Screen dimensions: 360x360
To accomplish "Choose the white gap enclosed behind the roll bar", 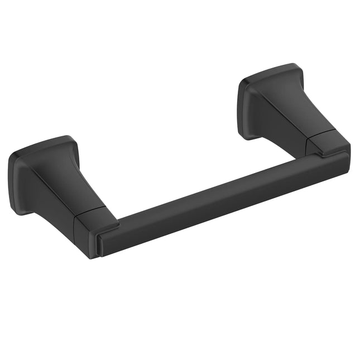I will click(184, 151).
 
